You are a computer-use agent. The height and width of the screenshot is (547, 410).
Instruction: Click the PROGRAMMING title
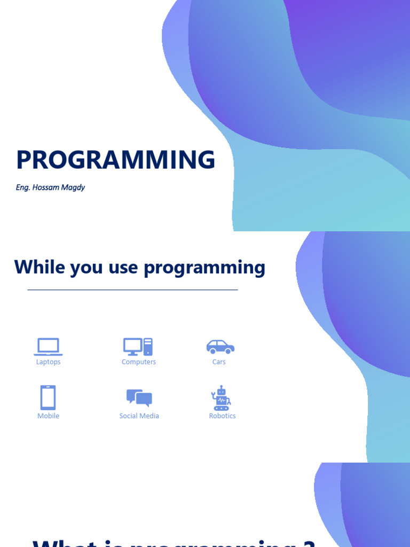click(115, 160)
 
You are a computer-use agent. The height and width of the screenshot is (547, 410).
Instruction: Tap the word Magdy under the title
click(74, 188)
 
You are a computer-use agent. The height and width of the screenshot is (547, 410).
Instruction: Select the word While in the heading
click(39, 267)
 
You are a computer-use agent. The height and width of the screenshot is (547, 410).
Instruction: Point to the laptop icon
click(48, 347)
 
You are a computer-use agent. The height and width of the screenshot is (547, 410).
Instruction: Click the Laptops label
click(48, 362)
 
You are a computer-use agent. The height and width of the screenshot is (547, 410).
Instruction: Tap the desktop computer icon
click(138, 347)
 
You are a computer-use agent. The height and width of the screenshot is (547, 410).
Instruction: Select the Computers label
click(139, 362)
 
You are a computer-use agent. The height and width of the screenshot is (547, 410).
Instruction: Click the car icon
click(220, 347)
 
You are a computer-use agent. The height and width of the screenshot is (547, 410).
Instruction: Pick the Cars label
click(219, 362)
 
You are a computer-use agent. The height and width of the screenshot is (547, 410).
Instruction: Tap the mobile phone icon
click(48, 397)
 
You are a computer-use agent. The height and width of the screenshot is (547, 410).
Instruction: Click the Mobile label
click(48, 416)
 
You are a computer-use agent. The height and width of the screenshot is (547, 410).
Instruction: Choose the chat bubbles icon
click(139, 398)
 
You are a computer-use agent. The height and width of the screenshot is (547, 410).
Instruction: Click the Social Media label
click(139, 416)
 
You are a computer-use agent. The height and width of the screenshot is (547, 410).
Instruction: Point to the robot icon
click(221, 398)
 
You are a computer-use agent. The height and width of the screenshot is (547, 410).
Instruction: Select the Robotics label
click(222, 416)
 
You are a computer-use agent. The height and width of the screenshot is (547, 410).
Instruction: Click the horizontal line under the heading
click(132, 290)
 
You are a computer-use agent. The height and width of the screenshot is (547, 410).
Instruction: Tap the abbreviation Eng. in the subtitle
click(22, 188)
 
